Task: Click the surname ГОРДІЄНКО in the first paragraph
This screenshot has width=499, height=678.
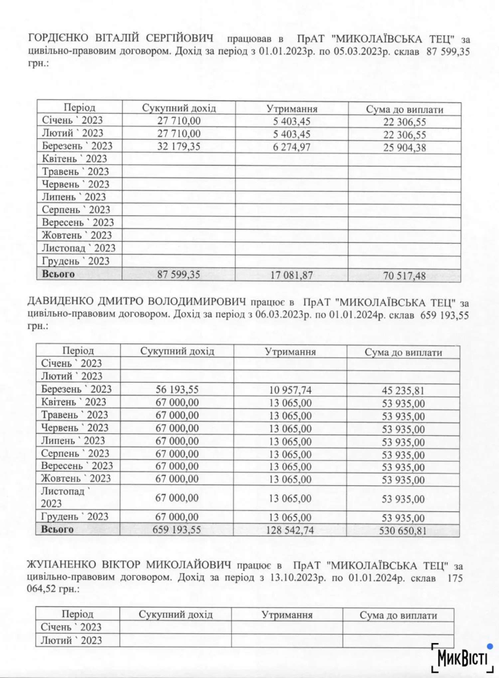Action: tap(58, 38)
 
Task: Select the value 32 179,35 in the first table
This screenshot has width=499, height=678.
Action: tap(179, 147)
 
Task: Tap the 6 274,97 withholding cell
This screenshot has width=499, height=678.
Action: tap(292, 147)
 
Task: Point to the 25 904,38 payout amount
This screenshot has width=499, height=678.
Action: tap(405, 148)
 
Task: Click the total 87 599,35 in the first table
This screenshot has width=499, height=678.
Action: tap(179, 275)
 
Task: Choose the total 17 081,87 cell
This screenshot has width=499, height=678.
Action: tap(292, 275)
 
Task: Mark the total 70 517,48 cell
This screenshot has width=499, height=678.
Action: tap(404, 276)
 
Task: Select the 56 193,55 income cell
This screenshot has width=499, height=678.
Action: tap(177, 390)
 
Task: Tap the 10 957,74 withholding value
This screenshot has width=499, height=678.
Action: tap(290, 390)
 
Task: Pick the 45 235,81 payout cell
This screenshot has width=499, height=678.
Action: tap(403, 391)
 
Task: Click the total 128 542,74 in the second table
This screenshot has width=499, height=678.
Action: tap(290, 530)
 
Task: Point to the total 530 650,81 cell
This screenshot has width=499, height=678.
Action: tap(403, 530)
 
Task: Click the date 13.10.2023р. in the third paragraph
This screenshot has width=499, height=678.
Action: tap(298, 577)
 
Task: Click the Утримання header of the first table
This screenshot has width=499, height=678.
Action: tap(292, 109)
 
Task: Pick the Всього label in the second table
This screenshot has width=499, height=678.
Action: tap(57, 529)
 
